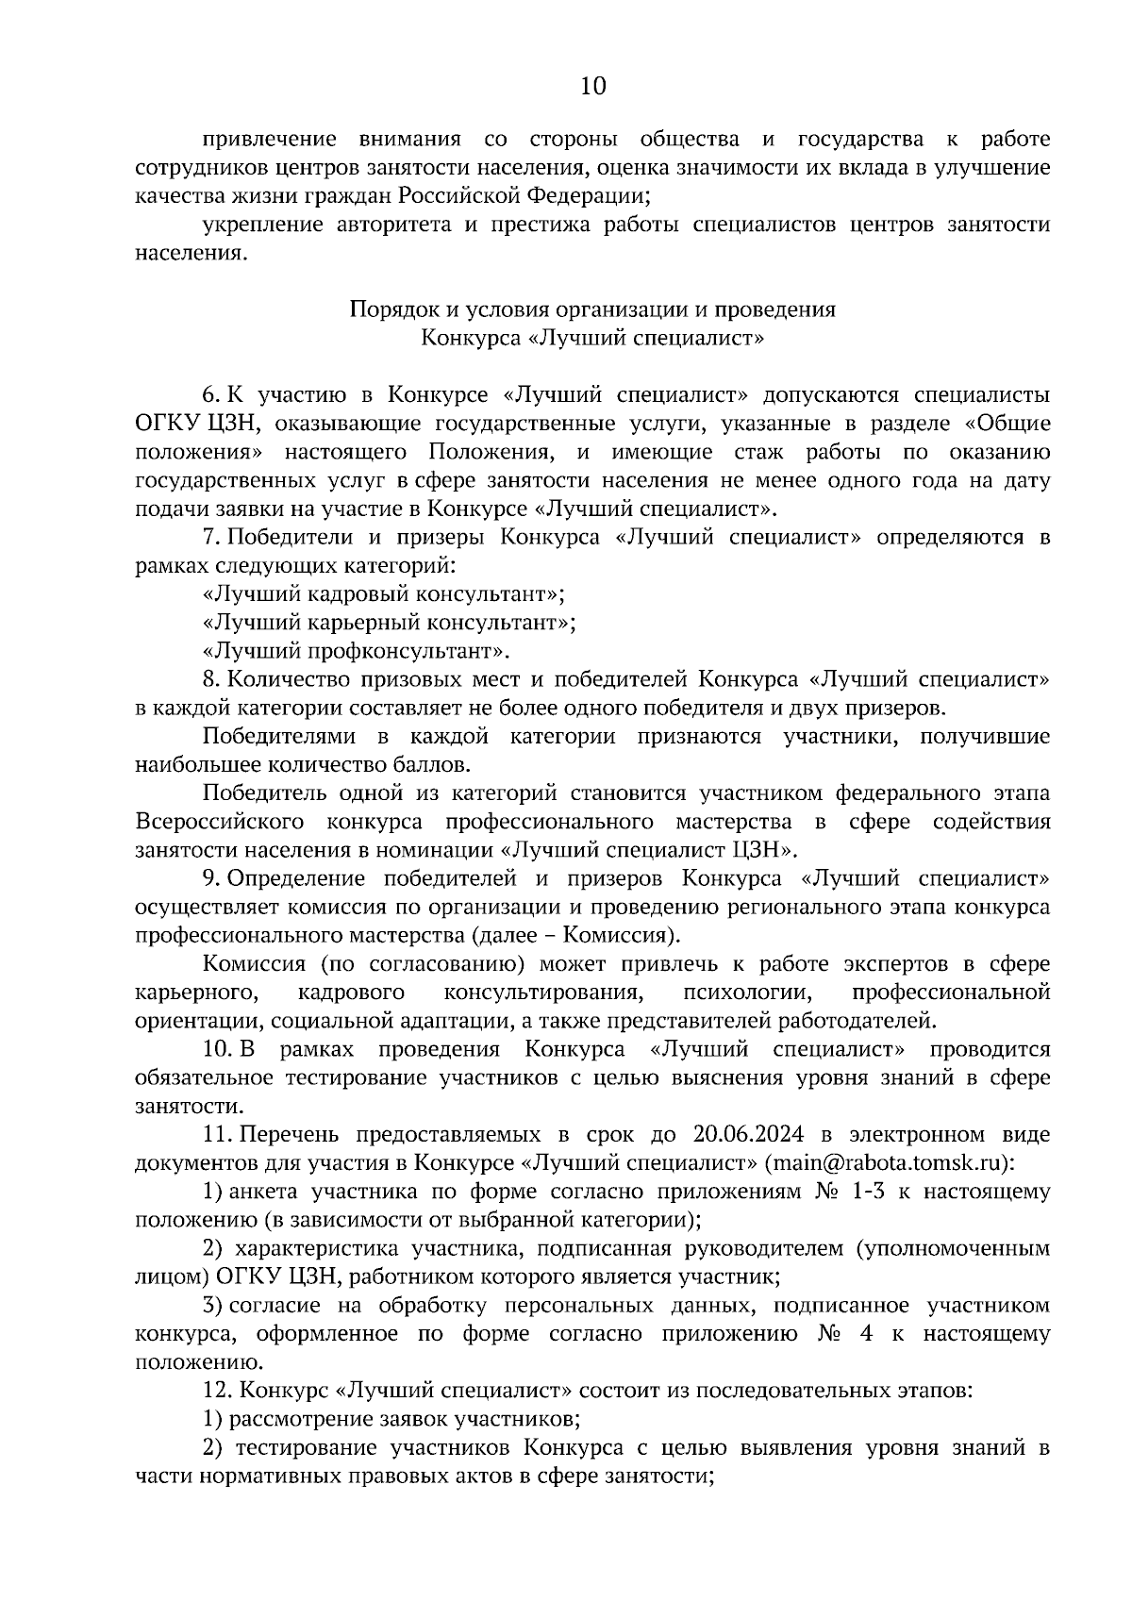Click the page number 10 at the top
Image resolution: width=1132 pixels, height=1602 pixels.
592,87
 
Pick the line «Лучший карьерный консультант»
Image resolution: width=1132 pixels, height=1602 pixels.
389,623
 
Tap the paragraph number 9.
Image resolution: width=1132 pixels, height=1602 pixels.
210,878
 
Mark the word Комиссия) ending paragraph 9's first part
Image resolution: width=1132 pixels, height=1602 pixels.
633,936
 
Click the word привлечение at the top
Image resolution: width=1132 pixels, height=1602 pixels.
270,140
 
